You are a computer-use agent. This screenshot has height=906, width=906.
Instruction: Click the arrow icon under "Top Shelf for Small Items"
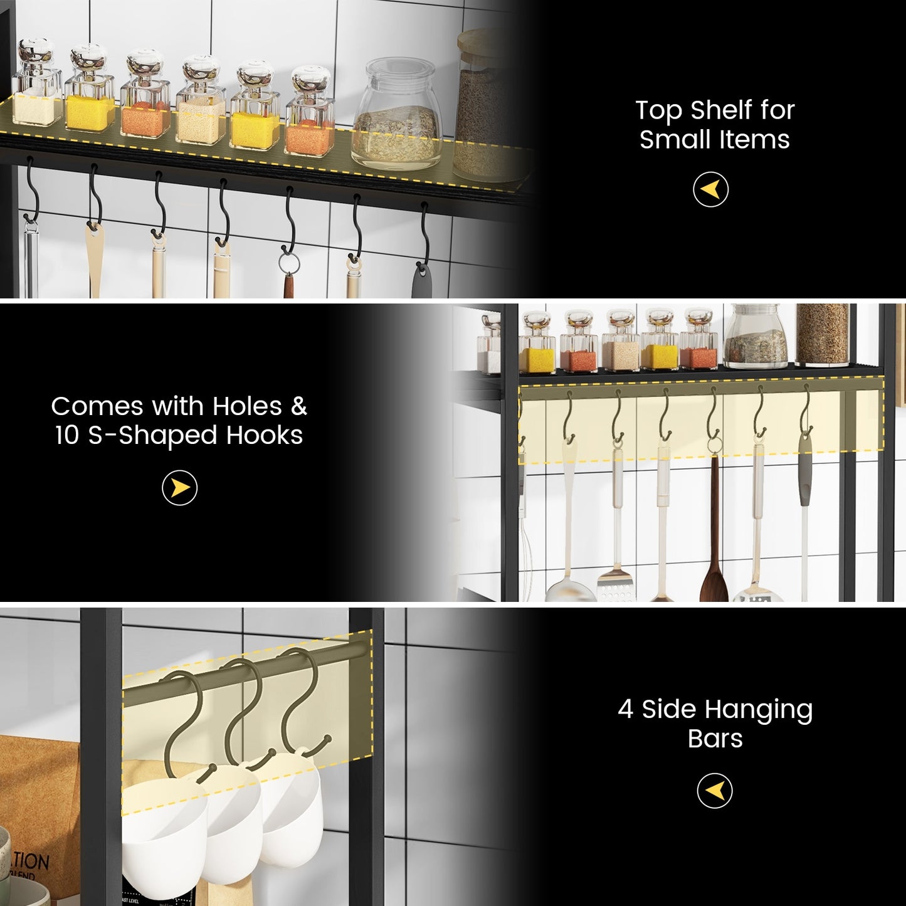tap(710, 189)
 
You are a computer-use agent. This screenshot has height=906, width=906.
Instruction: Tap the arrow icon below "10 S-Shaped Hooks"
tap(180, 488)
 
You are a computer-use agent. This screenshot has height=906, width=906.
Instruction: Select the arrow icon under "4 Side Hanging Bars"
tap(714, 791)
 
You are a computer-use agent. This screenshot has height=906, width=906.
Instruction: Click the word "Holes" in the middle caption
tap(247, 406)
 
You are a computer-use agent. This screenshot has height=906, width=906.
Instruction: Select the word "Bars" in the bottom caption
tap(715, 739)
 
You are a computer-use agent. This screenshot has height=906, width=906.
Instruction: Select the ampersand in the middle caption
tap(299, 406)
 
